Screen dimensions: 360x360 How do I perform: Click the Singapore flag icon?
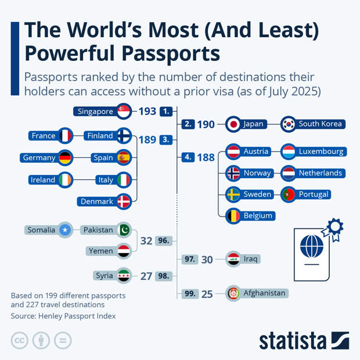124,111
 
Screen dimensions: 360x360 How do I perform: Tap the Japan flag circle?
233,124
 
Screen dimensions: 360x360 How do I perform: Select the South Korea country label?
320,124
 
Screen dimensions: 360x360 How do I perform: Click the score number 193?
147,111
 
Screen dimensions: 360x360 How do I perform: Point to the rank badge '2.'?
188,124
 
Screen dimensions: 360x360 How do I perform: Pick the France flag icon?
65,136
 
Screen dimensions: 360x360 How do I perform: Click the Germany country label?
39,157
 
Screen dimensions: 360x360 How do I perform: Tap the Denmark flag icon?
124,201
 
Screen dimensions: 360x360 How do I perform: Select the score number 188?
206,157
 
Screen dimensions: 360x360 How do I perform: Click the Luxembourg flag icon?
289,152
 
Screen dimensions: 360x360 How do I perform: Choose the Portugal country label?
313,194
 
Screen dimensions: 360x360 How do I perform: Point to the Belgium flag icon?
233,215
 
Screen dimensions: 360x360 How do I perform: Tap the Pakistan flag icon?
124,230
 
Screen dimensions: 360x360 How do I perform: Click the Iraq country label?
250,259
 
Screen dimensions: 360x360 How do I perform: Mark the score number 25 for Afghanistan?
207,294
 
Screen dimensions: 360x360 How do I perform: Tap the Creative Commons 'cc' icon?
20,340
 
